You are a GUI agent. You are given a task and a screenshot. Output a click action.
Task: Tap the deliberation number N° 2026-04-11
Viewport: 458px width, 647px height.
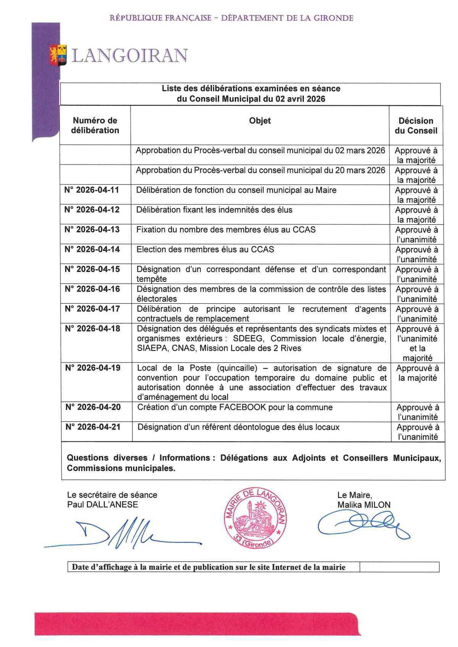point(92,190)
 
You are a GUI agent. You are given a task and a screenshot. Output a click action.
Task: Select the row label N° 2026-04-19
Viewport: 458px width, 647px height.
point(93,368)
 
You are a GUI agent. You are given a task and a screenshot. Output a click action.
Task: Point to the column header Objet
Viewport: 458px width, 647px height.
point(260,121)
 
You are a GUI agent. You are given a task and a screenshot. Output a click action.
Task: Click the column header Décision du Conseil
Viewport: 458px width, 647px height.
point(416,126)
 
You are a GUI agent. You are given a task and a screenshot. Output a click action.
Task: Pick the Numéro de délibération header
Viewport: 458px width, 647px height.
point(95,126)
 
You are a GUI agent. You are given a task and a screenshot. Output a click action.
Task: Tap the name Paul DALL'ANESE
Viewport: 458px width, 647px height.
point(102,505)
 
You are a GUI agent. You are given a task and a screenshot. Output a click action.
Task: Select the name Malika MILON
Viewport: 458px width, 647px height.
point(364,505)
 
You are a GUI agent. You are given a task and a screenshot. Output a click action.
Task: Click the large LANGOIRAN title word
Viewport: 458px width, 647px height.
point(130,56)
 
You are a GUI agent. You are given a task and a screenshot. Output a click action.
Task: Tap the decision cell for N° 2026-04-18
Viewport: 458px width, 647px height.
point(417,343)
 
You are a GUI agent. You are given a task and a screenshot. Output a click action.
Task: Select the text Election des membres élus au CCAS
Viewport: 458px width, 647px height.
point(205,249)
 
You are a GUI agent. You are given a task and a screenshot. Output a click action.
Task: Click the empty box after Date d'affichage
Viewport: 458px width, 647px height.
point(399,567)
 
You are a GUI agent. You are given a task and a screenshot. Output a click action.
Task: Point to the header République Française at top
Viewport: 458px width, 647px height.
point(160,18)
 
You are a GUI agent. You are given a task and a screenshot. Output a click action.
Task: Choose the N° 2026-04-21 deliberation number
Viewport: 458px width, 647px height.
point(93,427)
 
